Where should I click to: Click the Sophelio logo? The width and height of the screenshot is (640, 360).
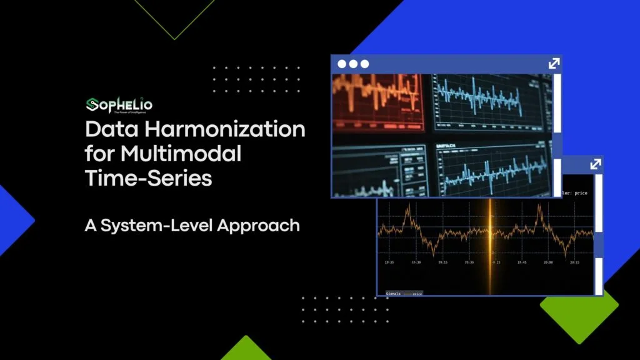(x=119, y=104)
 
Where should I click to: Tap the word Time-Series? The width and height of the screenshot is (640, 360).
(x=149, y=177)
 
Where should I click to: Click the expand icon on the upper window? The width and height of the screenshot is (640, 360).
(x=554, y=64)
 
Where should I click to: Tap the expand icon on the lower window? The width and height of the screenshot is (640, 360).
(x=595, y=164)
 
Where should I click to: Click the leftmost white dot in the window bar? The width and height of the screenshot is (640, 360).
(x=342, y=64)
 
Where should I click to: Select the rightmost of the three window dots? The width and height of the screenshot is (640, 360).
(x=364, y=64)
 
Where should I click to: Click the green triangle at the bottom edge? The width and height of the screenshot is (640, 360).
(x=246, y=350)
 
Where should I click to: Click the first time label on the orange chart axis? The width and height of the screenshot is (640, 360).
(x=389, y=263)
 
